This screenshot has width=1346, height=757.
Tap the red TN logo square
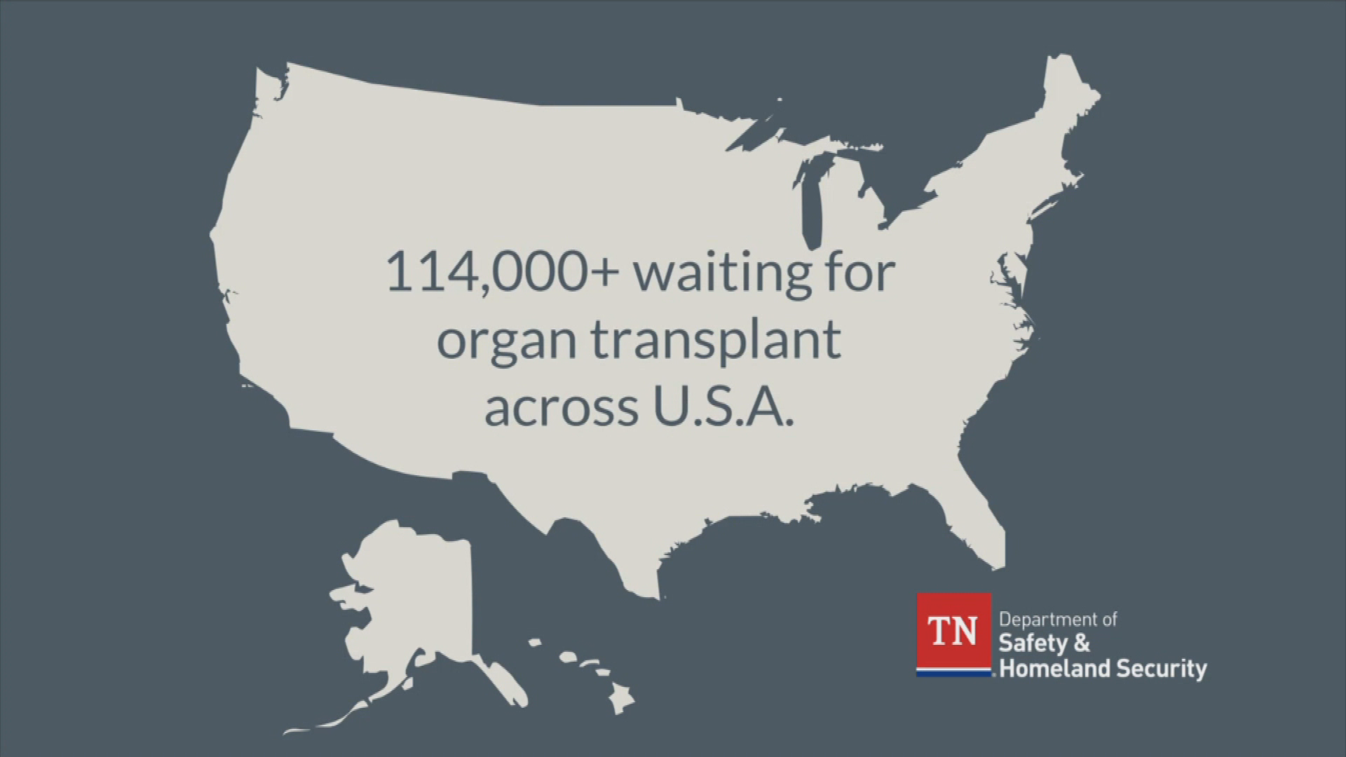tap(953, 632)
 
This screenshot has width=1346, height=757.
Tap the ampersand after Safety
tap(1082, 643)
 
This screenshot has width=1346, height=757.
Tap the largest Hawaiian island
tap(621, 697)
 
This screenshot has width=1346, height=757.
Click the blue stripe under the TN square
tap(953, 674)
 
